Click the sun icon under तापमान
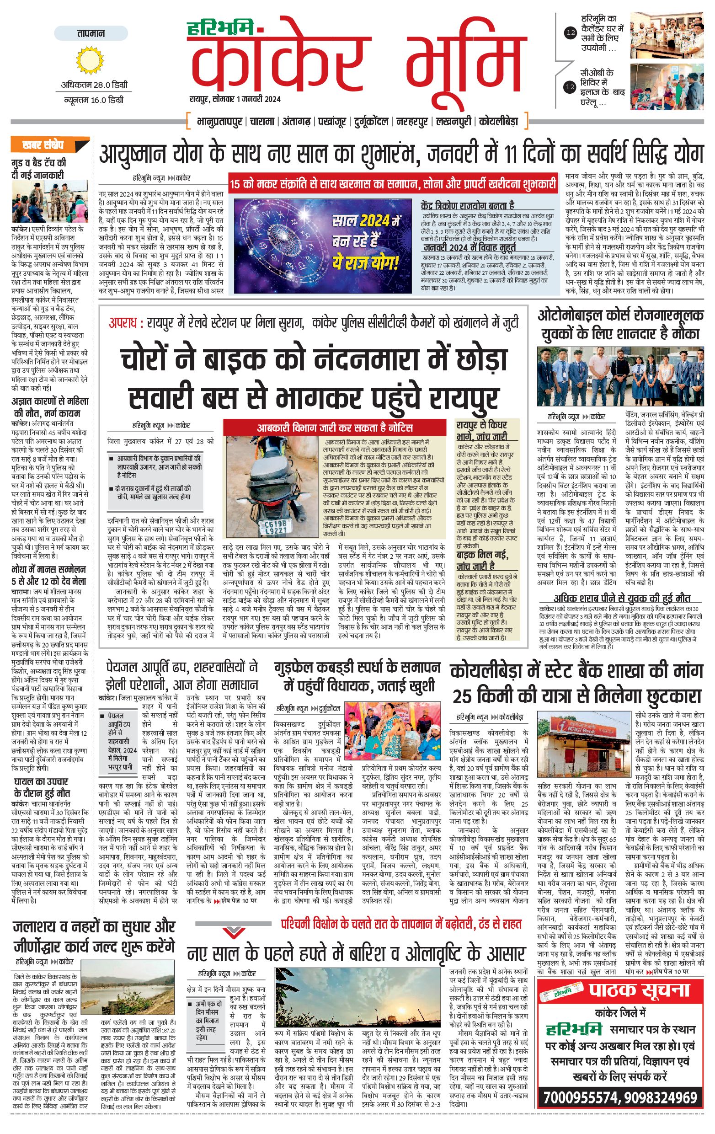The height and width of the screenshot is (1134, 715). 90,60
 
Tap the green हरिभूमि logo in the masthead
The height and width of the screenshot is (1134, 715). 220,28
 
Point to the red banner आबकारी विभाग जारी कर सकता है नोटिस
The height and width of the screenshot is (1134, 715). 335,428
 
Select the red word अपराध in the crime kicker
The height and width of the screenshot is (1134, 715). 123,323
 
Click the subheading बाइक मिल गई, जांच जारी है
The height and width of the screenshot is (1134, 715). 482,560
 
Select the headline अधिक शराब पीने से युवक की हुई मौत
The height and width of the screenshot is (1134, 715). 621,599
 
